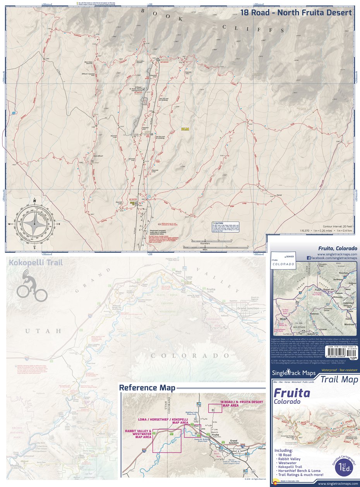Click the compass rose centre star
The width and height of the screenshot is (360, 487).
(x=34, y=223)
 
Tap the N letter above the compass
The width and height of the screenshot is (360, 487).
(x=34, y=201)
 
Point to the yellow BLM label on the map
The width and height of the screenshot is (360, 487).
(x=185, y=129)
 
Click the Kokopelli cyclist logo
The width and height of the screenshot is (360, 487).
(x=31, y=287)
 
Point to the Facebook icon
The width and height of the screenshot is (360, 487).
(x=309, y=257)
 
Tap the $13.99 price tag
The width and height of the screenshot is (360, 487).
(x=353, y=358)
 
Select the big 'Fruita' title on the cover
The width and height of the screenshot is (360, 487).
(x=291, y=393)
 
